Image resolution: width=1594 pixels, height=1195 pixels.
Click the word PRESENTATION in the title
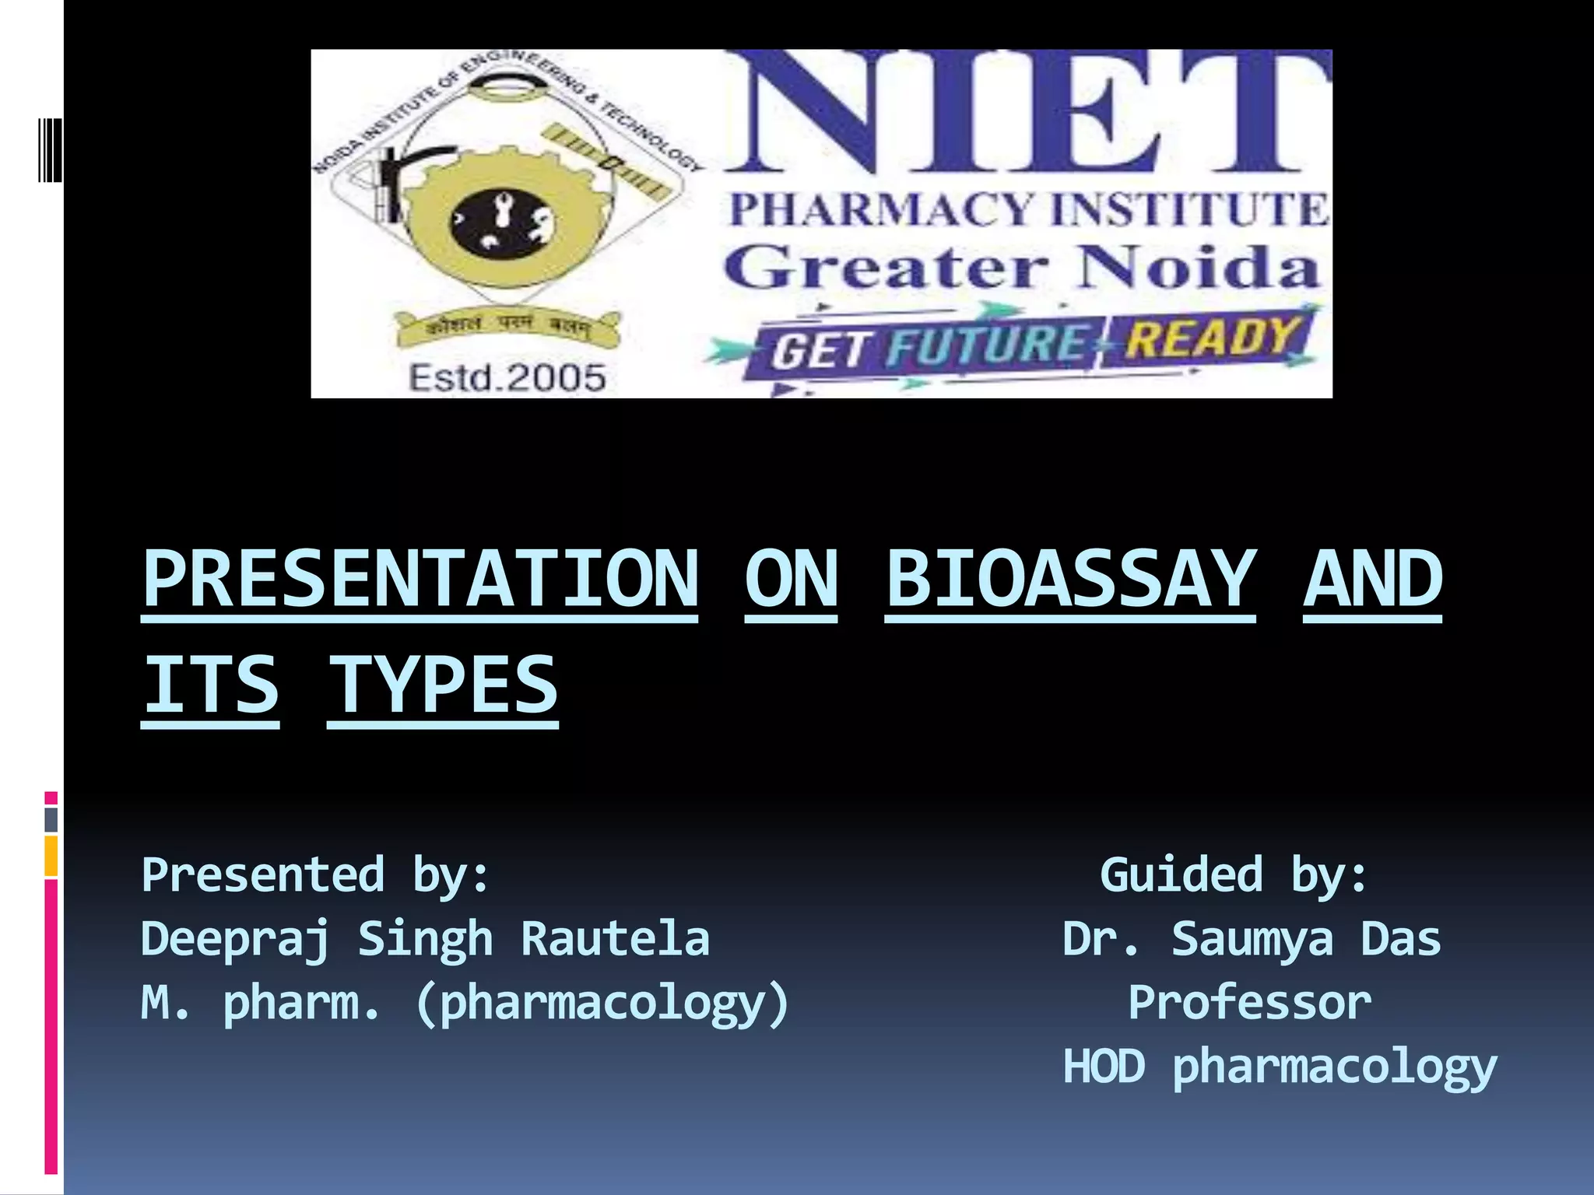coord(420,580)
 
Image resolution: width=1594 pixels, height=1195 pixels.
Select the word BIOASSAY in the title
coord(1070,580)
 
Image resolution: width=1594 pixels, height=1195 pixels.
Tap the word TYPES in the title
coord(442,685)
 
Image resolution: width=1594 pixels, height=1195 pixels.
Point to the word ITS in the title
coord(210,685)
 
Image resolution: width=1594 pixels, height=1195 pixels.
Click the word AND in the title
coord(1372,580)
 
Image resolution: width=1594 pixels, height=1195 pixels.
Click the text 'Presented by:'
coord(315,875)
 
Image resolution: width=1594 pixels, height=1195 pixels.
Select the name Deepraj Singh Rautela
coord(425,939)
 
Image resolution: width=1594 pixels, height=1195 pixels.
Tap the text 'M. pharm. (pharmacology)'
coord(465,1004)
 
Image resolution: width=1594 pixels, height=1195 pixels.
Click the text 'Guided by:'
coord(1234,875)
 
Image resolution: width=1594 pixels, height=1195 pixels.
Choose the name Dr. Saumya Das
coord(1252,939)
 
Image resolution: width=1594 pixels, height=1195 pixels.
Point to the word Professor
coord(1250,1003)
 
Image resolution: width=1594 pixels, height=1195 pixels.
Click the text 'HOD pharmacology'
coord(1280,1067)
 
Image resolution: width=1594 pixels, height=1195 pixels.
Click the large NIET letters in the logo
coord(1027,113)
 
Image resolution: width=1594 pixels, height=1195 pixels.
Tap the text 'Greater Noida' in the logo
coord(1021,267)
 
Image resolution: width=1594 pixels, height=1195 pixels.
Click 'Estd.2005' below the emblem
coord(507,378)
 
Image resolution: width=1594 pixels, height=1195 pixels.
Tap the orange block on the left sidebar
coord(51,856)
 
